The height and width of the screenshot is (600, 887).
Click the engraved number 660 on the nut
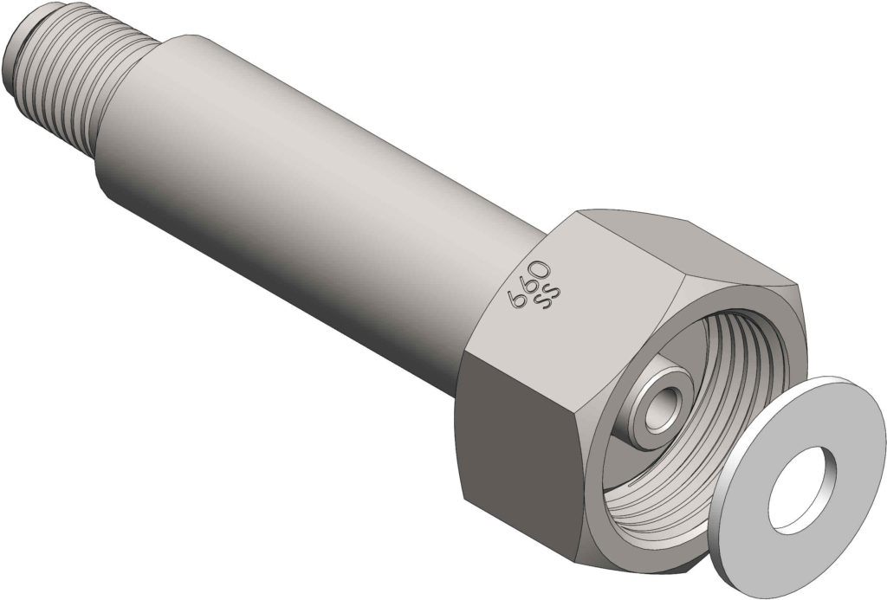(529, 282)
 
